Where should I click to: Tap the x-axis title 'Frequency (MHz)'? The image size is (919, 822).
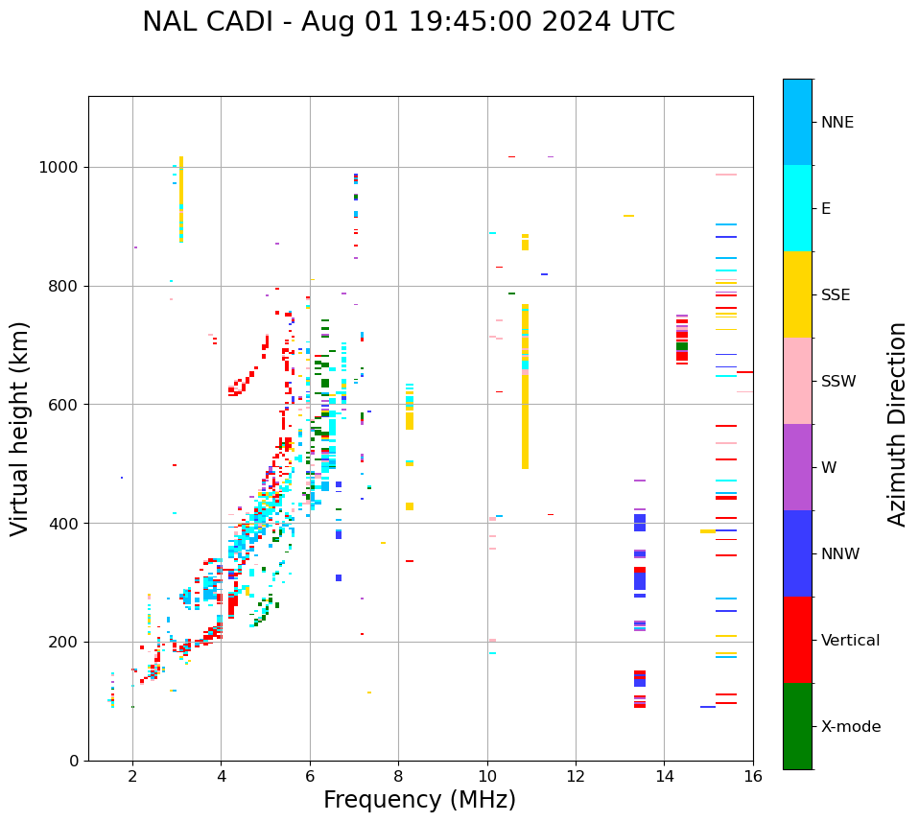(x=419, y=800)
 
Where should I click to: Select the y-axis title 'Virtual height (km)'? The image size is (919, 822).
(x=20, y=429)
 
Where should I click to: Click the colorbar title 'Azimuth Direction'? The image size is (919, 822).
(x=897, y=424)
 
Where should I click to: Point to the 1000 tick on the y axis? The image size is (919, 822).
(x=63, y=167)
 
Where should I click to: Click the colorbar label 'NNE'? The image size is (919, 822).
(x=837, y=123)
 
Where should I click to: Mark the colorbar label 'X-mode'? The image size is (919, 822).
(x=850, y=727)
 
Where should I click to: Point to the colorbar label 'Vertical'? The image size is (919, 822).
(x=850, y=641)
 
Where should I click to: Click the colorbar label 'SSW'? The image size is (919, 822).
(x=838, y=382)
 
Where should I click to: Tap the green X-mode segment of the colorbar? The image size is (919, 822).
(x=797, y=726)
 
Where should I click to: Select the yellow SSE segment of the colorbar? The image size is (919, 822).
(x=797, y=294)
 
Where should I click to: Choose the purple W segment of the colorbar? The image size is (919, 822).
(x=797, y=467)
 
